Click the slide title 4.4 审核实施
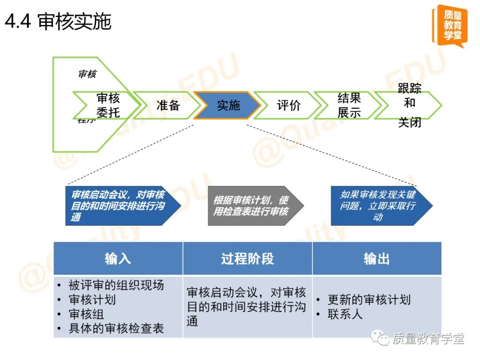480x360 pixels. tap(58, 21)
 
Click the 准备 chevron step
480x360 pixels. tap(168, 105)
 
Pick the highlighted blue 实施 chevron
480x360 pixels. tap(228, 105)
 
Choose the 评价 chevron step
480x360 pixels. tap(288, 105)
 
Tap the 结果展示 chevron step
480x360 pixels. tap(349, 105)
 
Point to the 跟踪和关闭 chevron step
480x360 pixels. tap(409, 105)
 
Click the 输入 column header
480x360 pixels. tap(118, 259)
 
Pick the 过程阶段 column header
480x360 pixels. tap(248, 259)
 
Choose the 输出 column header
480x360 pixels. tap(376, 259)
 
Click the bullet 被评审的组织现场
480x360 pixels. tap(116, 285)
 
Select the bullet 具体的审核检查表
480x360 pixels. tap(116, 328)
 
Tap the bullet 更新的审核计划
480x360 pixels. tap(369, 300)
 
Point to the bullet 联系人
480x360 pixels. tap(345, 314)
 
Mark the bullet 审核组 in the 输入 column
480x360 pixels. tap(86, 314)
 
